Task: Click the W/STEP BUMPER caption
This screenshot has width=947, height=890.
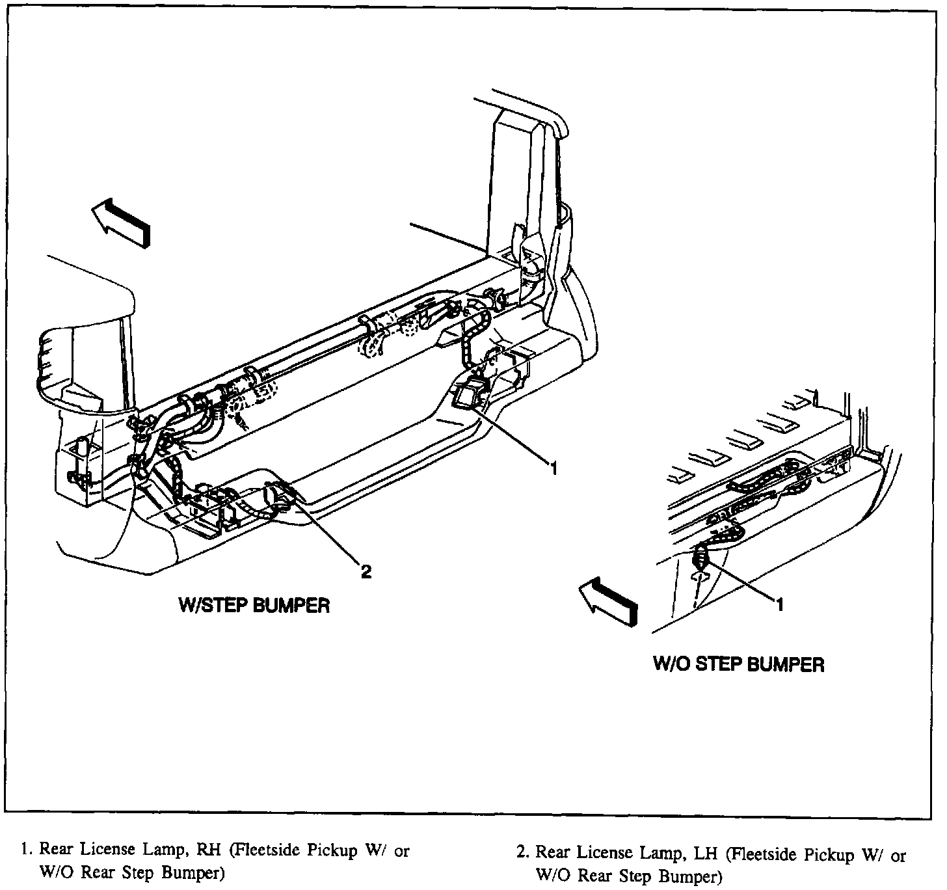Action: pos(254,605)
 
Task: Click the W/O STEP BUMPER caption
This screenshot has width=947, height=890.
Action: pos(738,664)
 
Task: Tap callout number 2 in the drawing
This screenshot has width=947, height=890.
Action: pos(366,572)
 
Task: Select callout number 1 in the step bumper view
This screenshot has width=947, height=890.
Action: pos(554,468)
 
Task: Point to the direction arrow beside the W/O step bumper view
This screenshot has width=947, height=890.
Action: pos(608,602)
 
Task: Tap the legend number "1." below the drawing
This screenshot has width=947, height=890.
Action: pos(26,850)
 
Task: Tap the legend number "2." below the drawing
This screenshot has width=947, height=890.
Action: pos(521,854)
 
